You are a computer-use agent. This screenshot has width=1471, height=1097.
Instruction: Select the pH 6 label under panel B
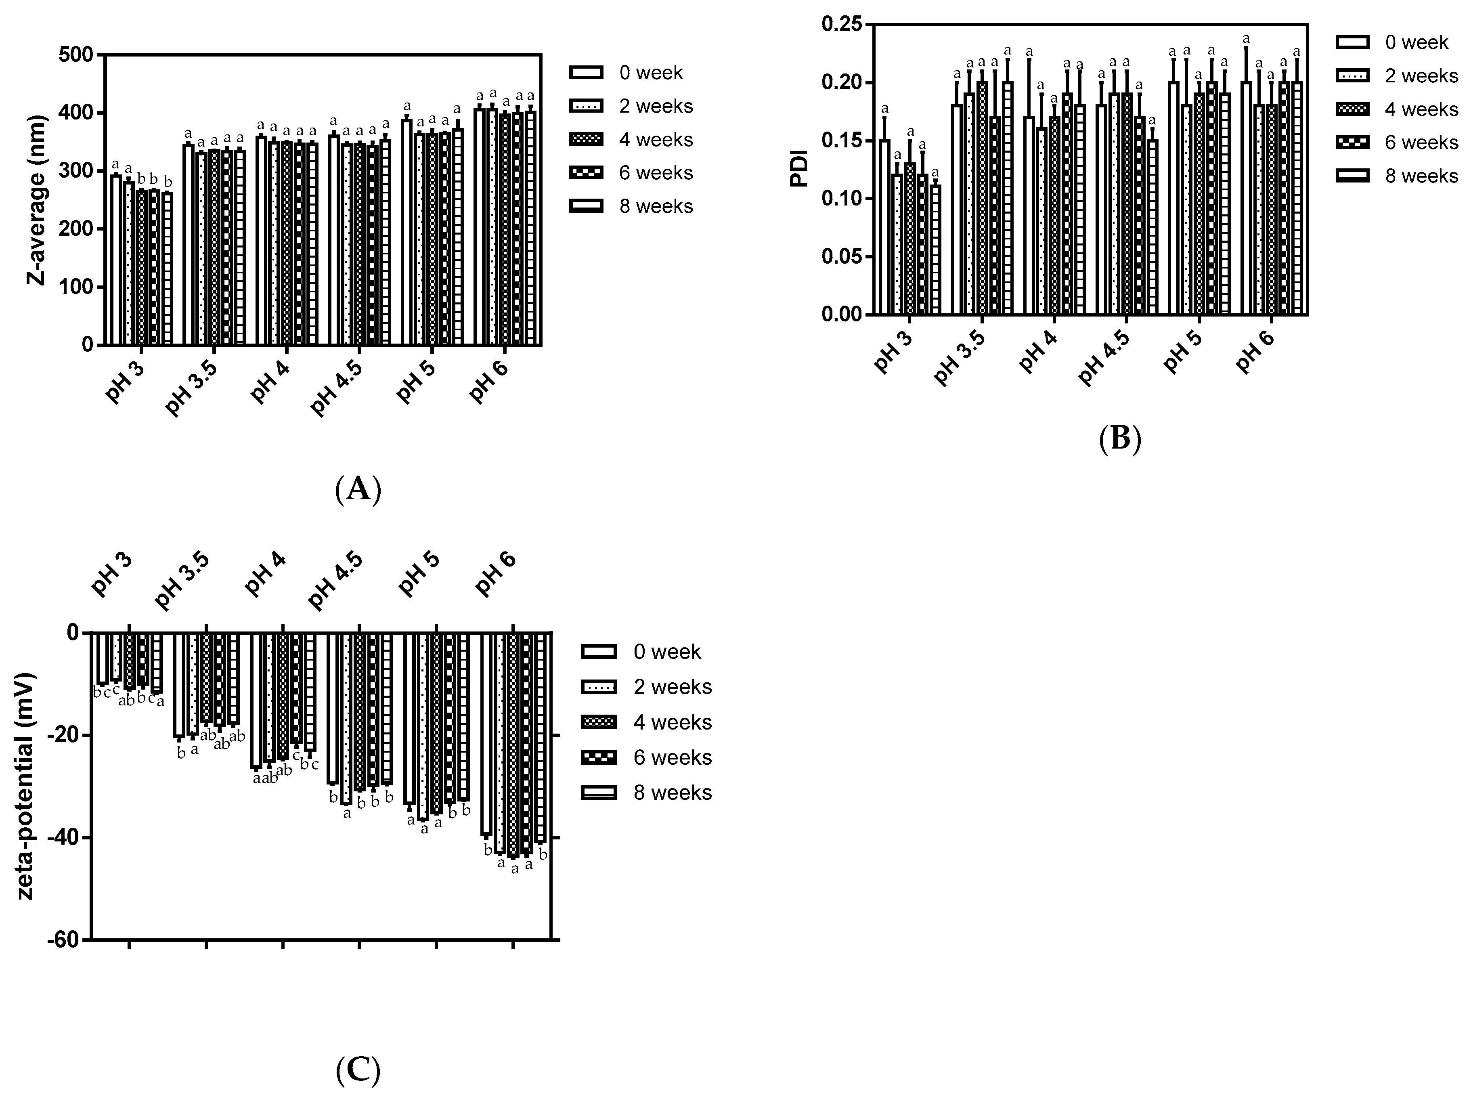1256,352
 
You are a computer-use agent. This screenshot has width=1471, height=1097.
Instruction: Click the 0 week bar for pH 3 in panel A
115,259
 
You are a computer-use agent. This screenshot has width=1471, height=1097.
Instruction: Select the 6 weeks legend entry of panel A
655,173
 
